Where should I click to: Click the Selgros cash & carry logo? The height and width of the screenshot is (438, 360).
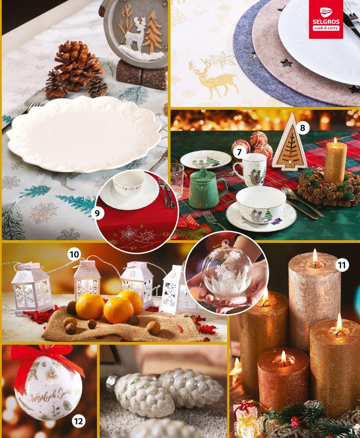(326, 19)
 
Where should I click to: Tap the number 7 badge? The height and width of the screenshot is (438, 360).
(239, 153)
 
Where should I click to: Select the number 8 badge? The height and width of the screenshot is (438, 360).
(302, 128)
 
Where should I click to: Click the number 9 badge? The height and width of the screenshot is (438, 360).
(97, 213)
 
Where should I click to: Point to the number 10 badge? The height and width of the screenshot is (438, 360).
(74, 254)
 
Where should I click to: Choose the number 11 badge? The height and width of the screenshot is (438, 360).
(342, 265)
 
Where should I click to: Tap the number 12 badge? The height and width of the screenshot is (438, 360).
(78, 421)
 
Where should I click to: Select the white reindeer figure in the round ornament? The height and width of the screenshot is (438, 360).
(135, 36)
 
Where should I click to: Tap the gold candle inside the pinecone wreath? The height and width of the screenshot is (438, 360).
(335, 162)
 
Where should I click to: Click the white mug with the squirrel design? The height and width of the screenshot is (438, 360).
(250, 169)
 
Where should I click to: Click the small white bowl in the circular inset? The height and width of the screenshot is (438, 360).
(129, 183)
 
